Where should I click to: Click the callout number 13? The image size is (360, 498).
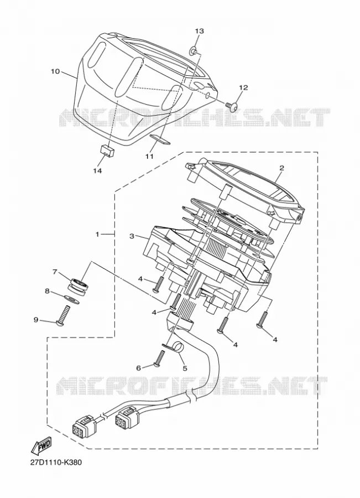pos(199,31)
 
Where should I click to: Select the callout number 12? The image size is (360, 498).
pos(243,87)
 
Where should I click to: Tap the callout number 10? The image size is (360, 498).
pos(55,71)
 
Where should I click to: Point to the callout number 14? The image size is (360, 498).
pos(97,171)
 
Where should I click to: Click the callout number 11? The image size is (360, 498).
pos(149,156)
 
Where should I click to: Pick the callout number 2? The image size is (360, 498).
pos(281,168)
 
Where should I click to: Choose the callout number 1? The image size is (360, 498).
pos(97,235)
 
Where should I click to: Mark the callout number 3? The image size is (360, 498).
pos(132,236)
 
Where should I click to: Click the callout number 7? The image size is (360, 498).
pos(55,272)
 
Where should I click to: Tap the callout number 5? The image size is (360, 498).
pos(185,368)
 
